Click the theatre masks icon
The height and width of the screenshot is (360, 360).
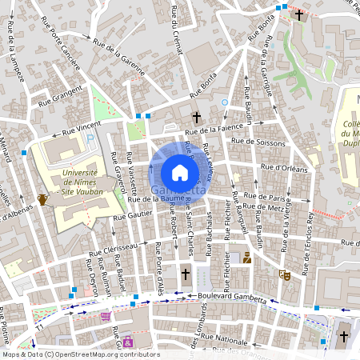click(283, 274)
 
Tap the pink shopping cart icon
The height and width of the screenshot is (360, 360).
click(105, 317)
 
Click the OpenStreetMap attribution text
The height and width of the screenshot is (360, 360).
click(80, 354)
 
